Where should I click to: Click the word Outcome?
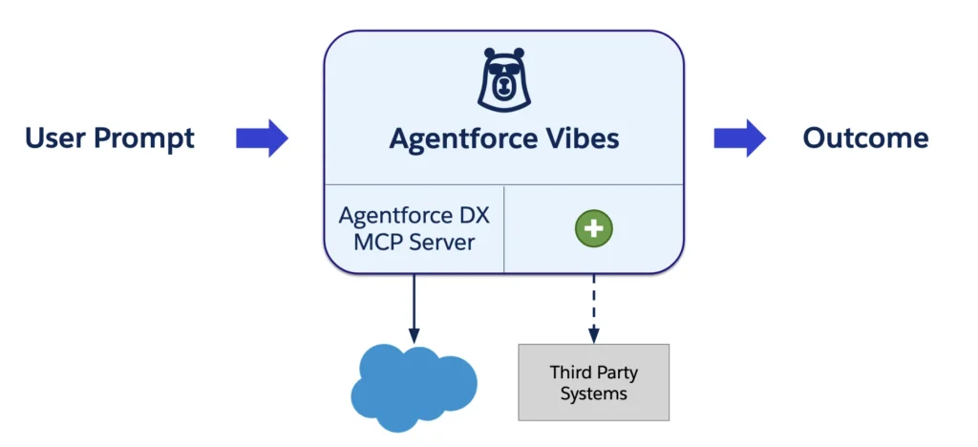865,138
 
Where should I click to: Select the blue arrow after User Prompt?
262,138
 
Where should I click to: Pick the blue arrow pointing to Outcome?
739,138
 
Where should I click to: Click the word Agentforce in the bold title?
462,139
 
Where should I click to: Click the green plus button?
593,228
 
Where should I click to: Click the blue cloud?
414,387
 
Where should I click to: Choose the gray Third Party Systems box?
593,382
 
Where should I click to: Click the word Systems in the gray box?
593,394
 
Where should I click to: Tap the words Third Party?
593,372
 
